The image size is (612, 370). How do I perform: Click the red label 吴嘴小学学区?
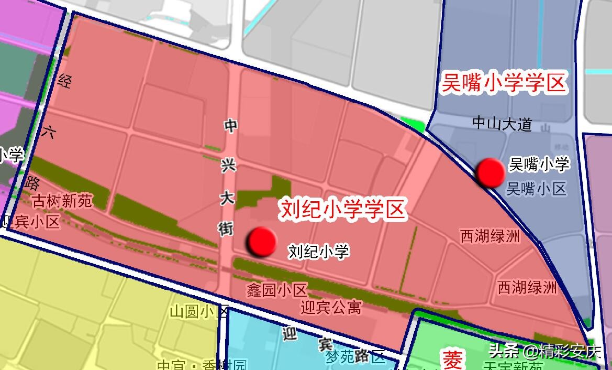(504, 84)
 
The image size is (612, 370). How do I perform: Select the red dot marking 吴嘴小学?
(491, 172)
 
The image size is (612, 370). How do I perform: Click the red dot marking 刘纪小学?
(262, 242)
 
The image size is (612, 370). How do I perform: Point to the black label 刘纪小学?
(318, 252)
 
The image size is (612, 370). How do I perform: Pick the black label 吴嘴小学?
(539, 165)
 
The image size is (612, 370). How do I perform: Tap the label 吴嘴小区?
(537, 189)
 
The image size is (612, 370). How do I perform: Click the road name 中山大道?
(502, 124)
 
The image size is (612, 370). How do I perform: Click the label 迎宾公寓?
(331, 307)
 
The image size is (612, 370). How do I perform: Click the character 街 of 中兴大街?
(226, 227)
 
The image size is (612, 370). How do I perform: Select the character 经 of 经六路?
(65, 81)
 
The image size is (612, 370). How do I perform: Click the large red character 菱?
(452, 360)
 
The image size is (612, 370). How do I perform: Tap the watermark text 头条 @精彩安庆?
(545, 350)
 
